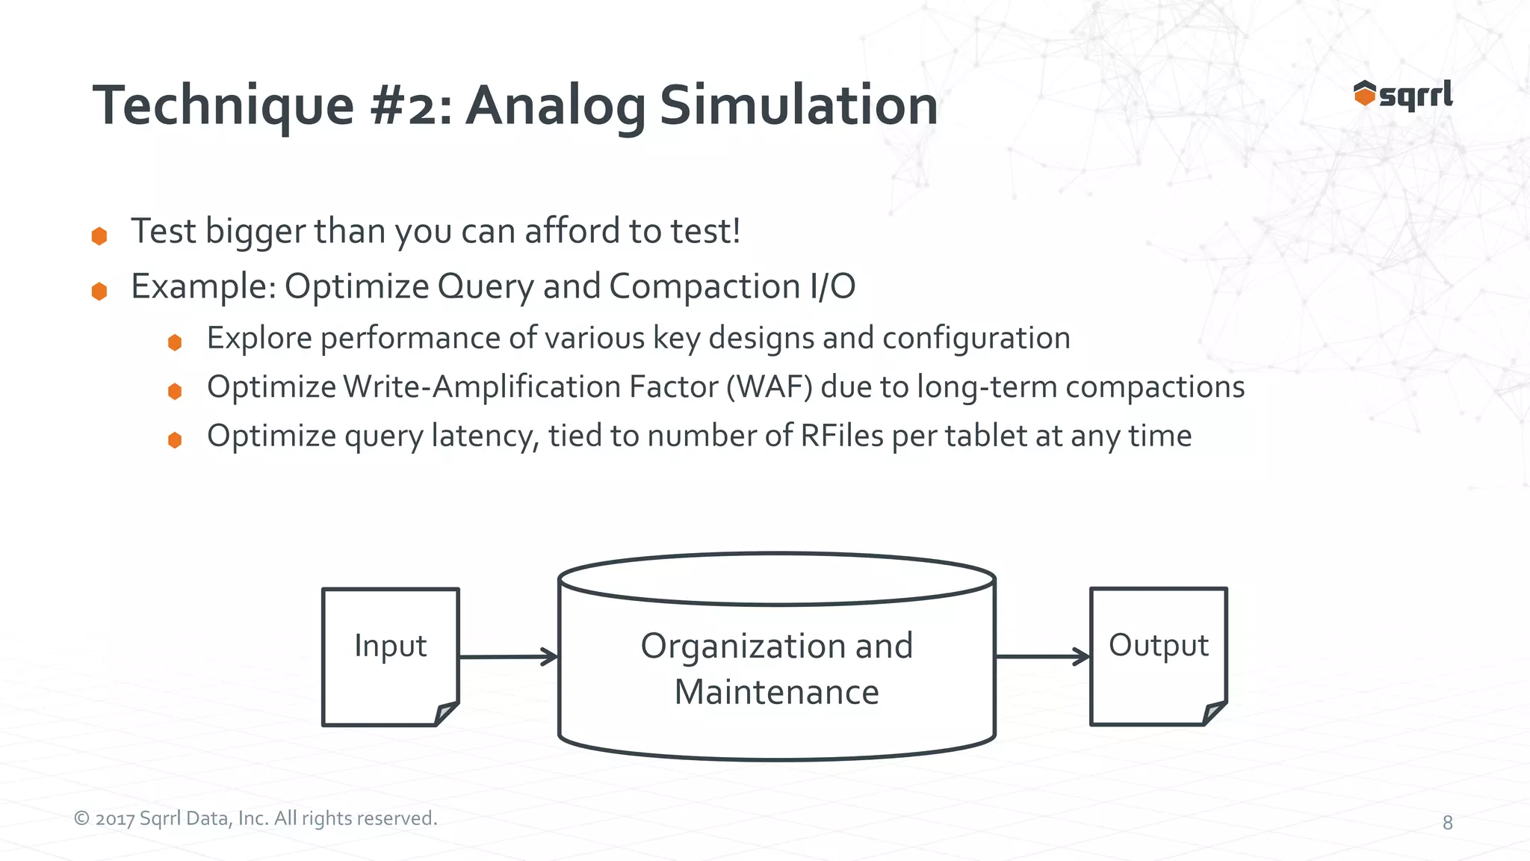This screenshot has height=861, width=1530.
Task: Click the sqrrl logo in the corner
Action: (x=1403, y=95)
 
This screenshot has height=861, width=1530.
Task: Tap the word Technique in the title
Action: (x=223, y=106)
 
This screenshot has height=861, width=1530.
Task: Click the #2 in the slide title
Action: (x=411, y=106)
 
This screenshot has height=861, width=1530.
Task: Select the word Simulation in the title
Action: (x=798, y=106)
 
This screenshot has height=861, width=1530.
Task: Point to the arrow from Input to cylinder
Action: (x=508, y=657)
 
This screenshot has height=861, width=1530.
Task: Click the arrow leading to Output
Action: (x=1043, y=657)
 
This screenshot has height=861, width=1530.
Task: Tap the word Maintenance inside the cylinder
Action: (x=776, y=692)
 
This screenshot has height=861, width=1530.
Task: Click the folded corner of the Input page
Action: (x=447, y=713)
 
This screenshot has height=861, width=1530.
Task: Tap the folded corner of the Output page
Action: (x=1215, y=713)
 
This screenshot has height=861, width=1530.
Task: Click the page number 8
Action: (x=1447, y=823)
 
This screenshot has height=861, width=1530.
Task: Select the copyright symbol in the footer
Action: (x=81, y=819)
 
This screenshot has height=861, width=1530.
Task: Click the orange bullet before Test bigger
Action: (x=99, y=236)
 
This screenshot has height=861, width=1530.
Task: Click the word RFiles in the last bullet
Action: (x=841, y=436)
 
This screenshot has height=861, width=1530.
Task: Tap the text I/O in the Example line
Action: (x=831, y=286)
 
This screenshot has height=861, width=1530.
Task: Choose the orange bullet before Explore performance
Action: (x=175, y=342)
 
